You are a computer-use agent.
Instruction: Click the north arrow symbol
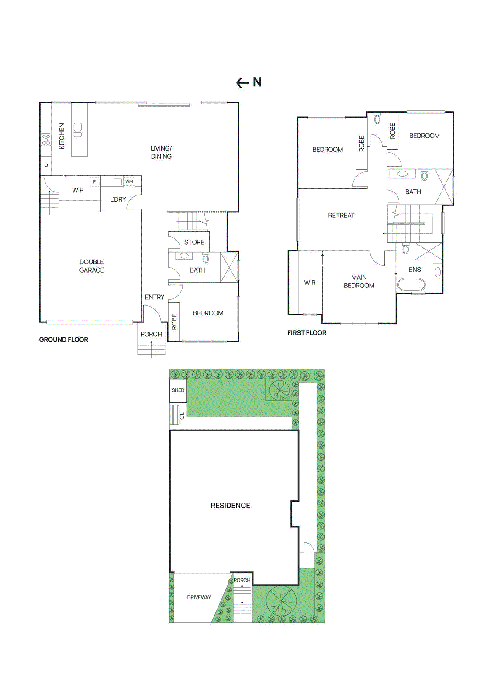coord(249,82)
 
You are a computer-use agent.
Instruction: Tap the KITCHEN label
coord(62,136)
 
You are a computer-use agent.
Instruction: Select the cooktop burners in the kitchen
coord(46,140)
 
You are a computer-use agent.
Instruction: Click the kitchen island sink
coord(78,130)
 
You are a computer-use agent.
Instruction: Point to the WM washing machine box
coord(129,181)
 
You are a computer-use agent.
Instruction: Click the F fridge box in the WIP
coord(94,182)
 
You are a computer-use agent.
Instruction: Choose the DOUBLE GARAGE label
coord(92,266)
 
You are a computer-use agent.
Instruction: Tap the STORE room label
coord(194,242)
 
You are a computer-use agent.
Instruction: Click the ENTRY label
coord(155,297)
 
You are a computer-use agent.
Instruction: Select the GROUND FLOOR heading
coord(64,339)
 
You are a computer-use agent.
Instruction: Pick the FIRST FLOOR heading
coord(307,333)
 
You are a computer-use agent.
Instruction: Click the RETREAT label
coord(341,215)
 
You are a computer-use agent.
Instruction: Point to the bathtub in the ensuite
coord(411,285)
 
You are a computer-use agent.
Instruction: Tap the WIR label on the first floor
coord(310,283)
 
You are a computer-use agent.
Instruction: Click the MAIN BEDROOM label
coord(359,281)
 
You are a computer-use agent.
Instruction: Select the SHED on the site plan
coord(178,390)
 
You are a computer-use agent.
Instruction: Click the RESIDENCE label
coord(230,506)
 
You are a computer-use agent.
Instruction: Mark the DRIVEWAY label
coord(199,597)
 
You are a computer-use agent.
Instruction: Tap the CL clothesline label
coord(182,416)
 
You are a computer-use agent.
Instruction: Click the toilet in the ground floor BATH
coord(205,259)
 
